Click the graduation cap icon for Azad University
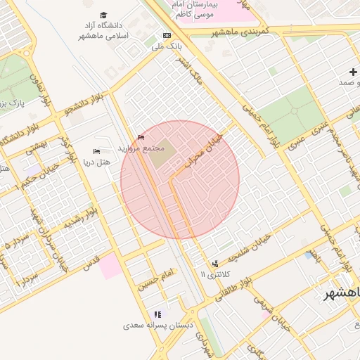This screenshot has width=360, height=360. click(104, 15)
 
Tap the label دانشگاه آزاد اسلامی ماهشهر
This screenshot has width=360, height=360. click(104, 30)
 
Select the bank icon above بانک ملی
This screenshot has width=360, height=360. click(167, 35)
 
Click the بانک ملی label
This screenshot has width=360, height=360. click(167, 47)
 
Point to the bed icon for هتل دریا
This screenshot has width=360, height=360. click(97, 151)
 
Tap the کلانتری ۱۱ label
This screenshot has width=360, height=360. click(215, 274)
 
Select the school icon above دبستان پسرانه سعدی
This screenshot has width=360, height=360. click(157, 314)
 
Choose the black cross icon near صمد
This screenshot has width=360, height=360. click(353, 72)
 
